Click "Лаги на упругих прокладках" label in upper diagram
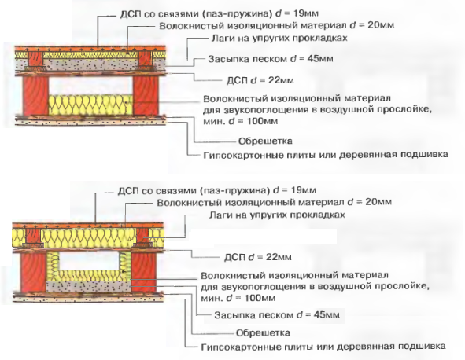[x=279, y=39]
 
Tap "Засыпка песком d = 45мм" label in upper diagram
[x=271, y=59]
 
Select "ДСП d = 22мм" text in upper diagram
[x=260, y=80]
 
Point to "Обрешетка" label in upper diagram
[x=265, y=141]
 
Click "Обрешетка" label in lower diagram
[x=263, y=332]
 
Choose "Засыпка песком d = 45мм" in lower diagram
[x=277, y=314]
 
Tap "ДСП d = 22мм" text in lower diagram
[x=258, y=257]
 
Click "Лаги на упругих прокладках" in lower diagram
[x=277, y=215]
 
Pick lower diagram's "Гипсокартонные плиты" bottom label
[x=323, y=347]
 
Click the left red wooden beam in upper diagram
[x=36, y=96]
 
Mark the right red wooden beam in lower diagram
[x=143, y=272]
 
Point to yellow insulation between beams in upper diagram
[x=90, y=105]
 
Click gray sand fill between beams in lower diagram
[x=88, y=287]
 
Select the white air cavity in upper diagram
[x=90, y=86]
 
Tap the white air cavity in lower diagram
[x=89, y=261]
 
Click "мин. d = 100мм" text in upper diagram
[x=241, y=122]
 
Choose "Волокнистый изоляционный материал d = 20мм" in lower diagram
[x=275, y=202]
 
